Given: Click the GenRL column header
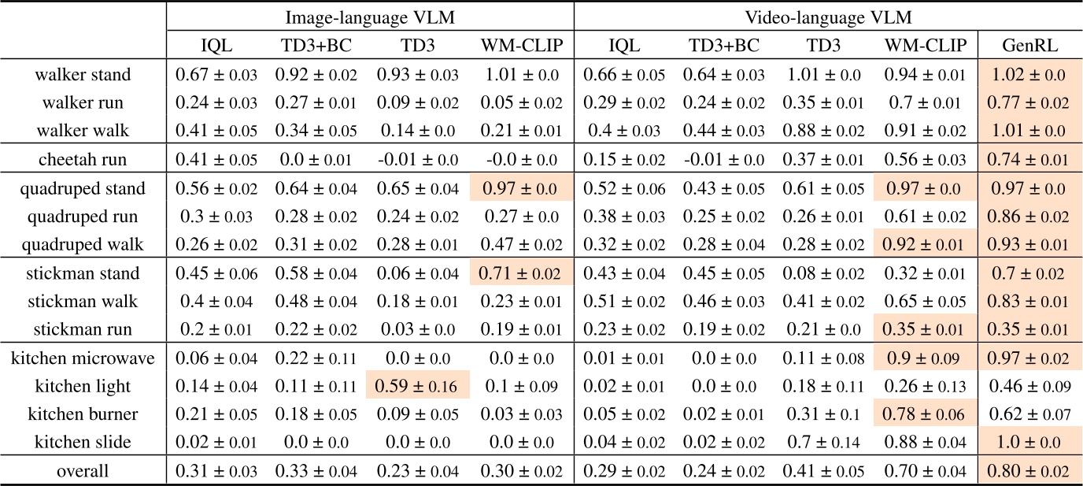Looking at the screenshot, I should [x=1029, y=46].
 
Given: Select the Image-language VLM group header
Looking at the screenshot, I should [x=370, y=17].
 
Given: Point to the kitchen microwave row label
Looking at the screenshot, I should [x=83, y=358].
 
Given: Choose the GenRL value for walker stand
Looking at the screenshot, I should [x=1029, y=75].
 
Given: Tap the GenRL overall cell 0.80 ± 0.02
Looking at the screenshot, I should [x=1029, y=471].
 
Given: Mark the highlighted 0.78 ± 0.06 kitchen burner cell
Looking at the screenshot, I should [x=926, y=415].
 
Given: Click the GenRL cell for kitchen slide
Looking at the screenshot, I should [x=1029, y=443].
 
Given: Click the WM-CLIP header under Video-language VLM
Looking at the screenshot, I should [x=926, y=46].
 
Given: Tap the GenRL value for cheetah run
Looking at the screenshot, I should [x=1029, y=160].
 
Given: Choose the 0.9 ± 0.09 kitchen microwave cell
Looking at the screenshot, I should [x=926, y=358].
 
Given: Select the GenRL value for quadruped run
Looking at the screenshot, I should [x=1029, y=217].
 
